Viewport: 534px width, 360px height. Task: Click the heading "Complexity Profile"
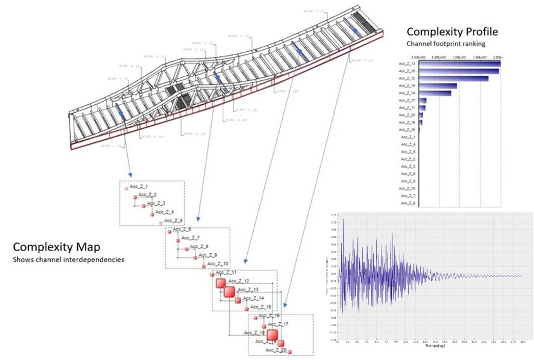(x=452, y=32)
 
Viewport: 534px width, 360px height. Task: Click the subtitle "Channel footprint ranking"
(x=446, y=44)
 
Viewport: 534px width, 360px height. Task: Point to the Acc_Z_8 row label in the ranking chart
(x=408, y=203)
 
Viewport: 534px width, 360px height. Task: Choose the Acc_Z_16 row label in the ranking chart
(x=408, y=130)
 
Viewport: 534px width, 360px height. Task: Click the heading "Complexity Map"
(x=56, y=247)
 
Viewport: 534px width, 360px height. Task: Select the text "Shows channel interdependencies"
(x=69, y=260)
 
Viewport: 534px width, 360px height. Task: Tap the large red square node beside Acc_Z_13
(x=229, y=291)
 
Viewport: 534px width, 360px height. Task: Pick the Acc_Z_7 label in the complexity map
(x=191, y=238)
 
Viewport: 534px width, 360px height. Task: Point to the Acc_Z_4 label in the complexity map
(x=165, y=212)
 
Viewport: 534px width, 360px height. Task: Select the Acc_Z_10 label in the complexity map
(x=219, y=263)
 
